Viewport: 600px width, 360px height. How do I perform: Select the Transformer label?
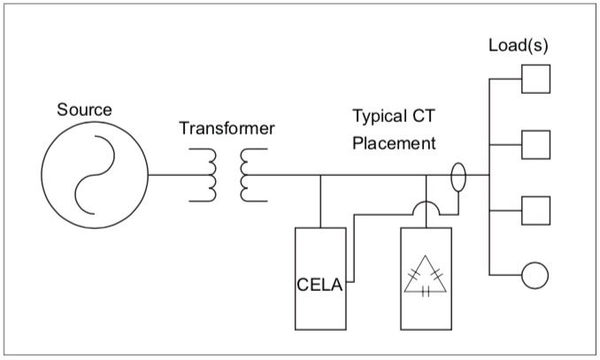click(x=227, y=129)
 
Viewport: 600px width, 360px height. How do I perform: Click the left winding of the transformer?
click(x=210, y=174)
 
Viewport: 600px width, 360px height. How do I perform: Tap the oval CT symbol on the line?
click(x=458, y=175)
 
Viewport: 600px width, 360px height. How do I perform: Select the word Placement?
click(x=394, y=142)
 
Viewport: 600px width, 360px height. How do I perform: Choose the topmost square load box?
click(x=535, y=79)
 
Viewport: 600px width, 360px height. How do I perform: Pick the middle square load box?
click(x=535, y=143)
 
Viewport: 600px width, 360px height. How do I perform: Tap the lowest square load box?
click(x=535, y=211)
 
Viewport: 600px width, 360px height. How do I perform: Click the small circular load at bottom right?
click(x=535, y=275)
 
